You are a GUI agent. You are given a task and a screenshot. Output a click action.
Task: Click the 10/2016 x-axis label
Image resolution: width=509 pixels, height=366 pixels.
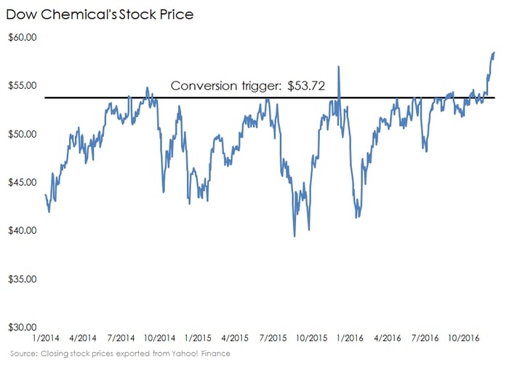pyautogui.click(x=464, y=339)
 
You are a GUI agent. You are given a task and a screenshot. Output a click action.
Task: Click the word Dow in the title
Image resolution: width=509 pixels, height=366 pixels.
pyautogui.click(x=23, y=14)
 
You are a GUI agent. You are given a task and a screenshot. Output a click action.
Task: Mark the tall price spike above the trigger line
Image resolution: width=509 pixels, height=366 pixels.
pyautogui.click(x=338, y=67)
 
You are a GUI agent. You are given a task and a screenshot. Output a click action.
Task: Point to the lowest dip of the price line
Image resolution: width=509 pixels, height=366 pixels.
pyautogui.click(x=294, y=236)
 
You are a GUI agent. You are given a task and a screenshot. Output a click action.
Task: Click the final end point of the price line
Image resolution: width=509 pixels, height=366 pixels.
pyautogui.click(x=494, y=52)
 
